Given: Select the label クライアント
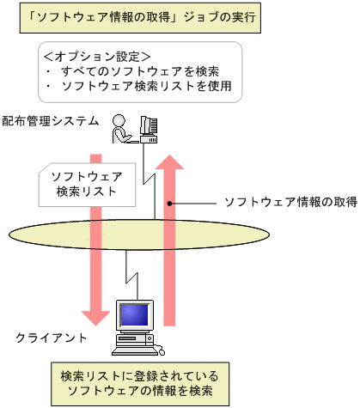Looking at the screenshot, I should (51, 338).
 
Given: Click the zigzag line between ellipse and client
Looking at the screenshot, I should (130, 271).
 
